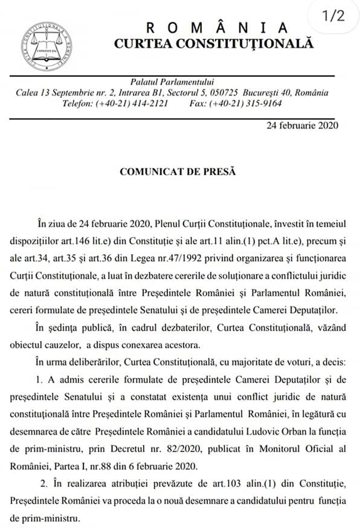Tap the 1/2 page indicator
pos(333,16)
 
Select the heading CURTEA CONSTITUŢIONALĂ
pos(214,43)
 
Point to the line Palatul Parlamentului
pos(172,82)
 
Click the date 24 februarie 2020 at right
pos(302,125)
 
